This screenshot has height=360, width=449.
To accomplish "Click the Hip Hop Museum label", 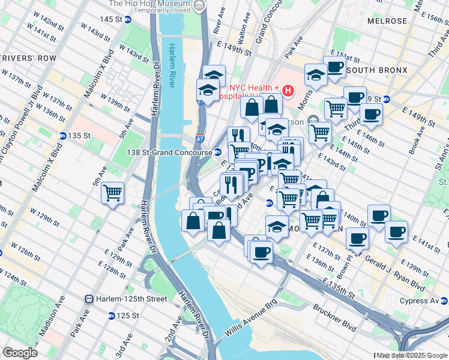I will pyautogui.click(x=153, y=4).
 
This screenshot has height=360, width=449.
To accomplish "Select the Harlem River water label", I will pyautogui.click(x=175, y=65).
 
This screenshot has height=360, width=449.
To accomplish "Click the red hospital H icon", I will pyautogui.click(x=288, y=91).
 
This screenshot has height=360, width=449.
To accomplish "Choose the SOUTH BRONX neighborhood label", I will pyautogui.click(x=377, y=70).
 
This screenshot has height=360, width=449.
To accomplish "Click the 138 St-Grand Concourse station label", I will pyautogui.click(x=169, y=152).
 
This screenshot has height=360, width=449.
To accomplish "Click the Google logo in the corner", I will pyautogui.click(x=20, y=353).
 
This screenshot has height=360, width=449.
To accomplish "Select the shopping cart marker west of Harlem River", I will pyautogui.click(x=112, y=193).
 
